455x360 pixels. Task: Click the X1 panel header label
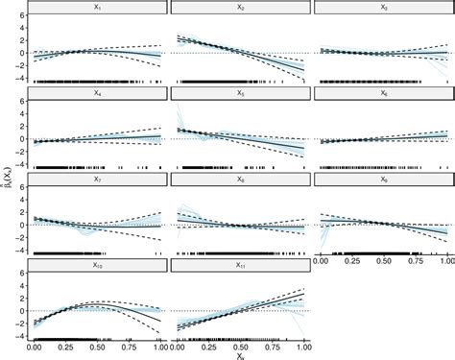99,8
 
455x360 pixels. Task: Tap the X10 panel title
99,264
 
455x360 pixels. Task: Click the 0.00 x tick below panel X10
36,346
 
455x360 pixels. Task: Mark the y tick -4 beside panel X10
22,337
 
